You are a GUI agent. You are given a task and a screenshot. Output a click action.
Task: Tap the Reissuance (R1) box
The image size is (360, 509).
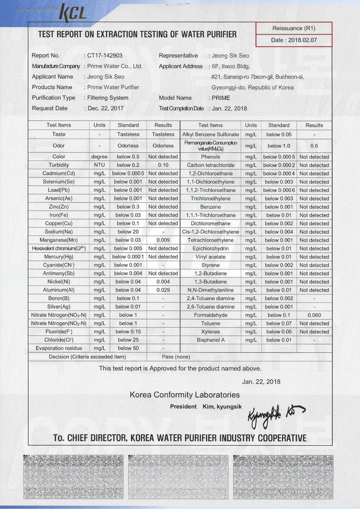coord(294,28)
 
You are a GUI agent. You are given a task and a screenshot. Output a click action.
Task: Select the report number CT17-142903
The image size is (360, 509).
coord(105,56)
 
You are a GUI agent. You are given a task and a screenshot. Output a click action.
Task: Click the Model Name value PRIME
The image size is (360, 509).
coord(221,98)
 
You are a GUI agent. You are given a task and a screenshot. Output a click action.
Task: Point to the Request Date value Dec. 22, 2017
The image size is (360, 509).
coord(105,108)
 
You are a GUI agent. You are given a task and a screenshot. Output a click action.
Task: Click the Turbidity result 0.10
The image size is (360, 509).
coord(163,165)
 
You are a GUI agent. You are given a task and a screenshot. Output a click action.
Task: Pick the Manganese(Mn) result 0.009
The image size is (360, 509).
coord(163,240)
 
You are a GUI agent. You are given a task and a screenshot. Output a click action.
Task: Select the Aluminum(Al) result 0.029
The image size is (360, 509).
coord(163,290)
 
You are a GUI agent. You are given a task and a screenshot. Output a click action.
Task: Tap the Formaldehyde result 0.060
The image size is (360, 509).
coord(314,315)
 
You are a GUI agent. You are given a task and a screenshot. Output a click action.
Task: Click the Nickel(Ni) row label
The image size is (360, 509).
coord(59,281)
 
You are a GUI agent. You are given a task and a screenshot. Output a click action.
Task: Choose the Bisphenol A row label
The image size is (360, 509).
coord(210,340)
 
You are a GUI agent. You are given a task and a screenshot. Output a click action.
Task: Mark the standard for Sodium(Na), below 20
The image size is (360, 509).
coord(128,232)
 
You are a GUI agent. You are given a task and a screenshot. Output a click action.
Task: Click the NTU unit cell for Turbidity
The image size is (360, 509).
coord(99,165)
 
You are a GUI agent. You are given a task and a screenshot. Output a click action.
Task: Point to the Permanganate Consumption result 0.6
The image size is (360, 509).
coord(314,146)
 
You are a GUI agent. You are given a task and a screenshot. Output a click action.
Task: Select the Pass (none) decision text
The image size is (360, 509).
coord(176,357)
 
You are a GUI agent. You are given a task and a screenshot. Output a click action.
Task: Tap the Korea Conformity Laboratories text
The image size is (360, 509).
coord(185,395)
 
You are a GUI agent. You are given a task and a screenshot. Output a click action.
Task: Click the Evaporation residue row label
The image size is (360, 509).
coord(59,348)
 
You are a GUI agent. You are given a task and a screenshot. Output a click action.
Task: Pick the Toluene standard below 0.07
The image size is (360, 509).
coord(279,323)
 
